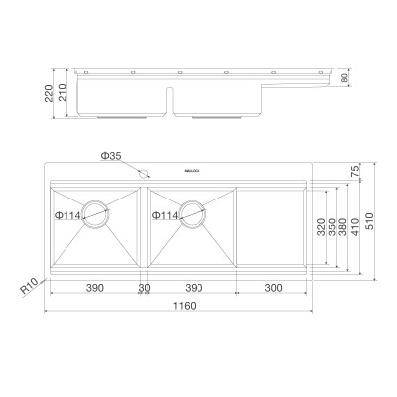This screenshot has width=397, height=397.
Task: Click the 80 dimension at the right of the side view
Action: click(346, 79)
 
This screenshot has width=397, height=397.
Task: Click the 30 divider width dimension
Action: click(144, 288)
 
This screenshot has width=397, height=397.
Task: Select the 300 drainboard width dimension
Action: click(274, 288)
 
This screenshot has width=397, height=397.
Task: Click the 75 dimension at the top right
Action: click(355, 170)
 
